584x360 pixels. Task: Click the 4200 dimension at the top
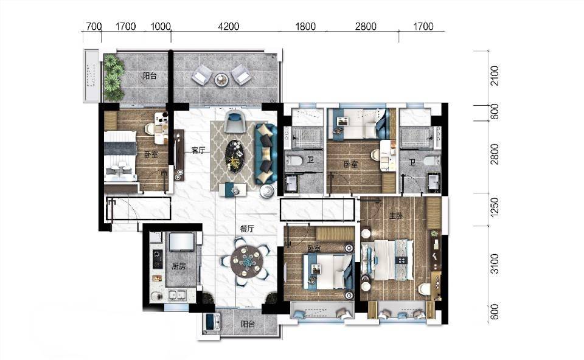(x=228, y=26)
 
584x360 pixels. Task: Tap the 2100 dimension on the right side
(x=494, y=75)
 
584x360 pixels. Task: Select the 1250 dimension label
(x=494, y=207)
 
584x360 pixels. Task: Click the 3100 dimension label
(x=494, y=263)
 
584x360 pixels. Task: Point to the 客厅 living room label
(x=198, y=150)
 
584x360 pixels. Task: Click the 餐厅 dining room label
(x=246, y=229)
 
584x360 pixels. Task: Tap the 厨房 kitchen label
(x=178, y=266)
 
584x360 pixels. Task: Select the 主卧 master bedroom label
(x=395, y=216)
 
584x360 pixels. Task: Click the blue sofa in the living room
(x=266, y=153)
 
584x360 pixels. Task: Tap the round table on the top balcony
(x=221, y=78)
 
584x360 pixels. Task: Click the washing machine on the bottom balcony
(x=211, y=322)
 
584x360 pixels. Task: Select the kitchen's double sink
(x=178, y=295)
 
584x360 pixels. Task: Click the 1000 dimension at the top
(x=161, y=26)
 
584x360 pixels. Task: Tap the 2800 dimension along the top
(x=366, y=26)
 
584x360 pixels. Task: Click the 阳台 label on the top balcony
(x=150, y=76)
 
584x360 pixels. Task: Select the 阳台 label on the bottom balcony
(x=248, y=324)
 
